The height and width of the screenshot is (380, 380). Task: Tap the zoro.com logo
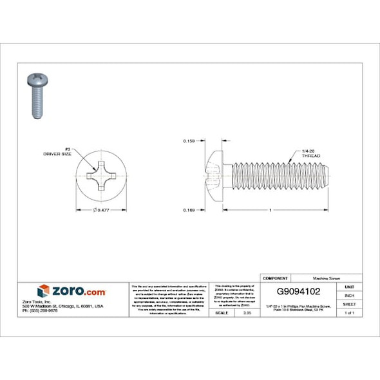tap(71, 291)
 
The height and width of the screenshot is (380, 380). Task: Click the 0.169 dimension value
tap(189, 209)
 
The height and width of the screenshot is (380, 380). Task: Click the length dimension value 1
tap(271, 210)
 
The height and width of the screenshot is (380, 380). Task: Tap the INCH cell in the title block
tap(349, 295)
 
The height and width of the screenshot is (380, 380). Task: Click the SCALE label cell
tap(223, 312)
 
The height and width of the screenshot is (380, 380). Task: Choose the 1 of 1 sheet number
tap(349, 312)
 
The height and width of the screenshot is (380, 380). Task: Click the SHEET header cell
tap(349, 303)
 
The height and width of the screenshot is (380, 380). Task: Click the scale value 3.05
tap(246, 312)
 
